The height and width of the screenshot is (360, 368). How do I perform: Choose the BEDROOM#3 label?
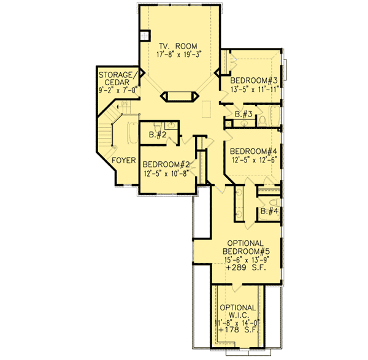pos(255,80)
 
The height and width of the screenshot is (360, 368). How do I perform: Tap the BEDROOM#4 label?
pos(254,151)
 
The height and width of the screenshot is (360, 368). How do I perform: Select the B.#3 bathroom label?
pos(245,114)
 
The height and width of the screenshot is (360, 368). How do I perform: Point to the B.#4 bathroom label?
pos(270,212)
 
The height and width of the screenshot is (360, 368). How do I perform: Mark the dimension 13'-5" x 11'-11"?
pos(255,88)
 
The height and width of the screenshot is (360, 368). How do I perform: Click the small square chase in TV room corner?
pos(144,36)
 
